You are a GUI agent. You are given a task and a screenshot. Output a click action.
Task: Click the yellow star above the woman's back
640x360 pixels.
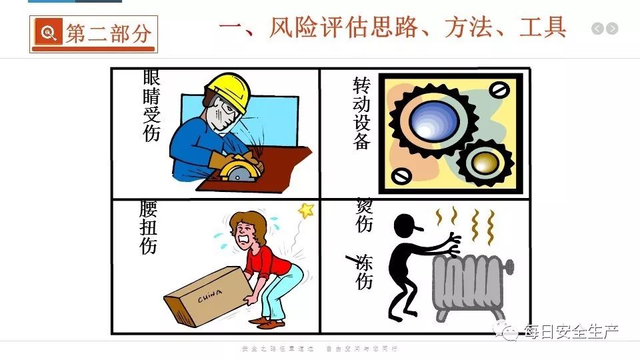click(x=306, y=211)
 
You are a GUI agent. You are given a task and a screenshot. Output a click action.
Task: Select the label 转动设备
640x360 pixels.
click(x=361, y=113)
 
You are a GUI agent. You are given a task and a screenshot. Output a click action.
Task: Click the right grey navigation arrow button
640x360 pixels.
click(x=612, y=29)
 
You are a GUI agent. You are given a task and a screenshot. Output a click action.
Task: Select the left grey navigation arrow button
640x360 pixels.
click(x=597, y=29)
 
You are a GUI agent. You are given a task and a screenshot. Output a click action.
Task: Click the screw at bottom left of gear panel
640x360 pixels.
click(x=402, y=177)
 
